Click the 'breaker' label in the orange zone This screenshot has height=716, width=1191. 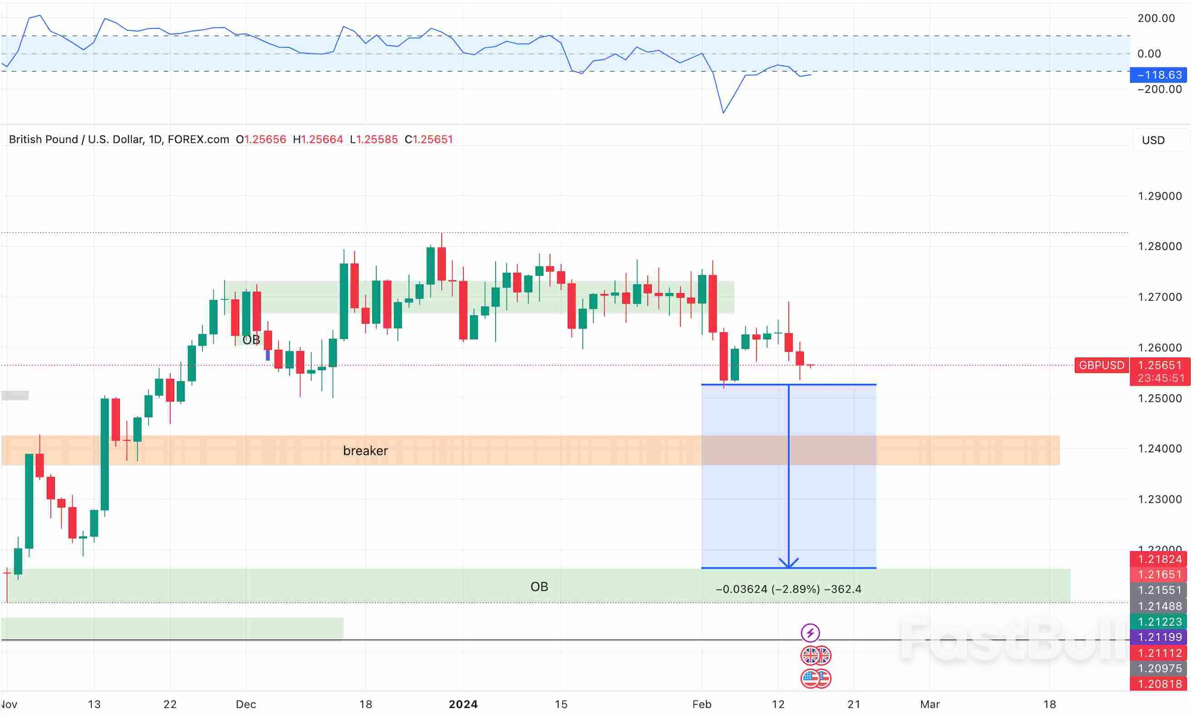365,451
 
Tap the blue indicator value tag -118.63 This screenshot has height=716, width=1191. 1159,75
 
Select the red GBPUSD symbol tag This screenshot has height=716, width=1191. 1101,365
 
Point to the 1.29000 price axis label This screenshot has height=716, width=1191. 1160,196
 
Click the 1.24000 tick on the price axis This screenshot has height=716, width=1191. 1160,449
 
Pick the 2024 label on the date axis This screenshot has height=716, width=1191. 463,704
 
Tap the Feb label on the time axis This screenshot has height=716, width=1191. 702,704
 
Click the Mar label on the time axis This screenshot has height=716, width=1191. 930,704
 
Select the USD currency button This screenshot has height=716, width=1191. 1153,140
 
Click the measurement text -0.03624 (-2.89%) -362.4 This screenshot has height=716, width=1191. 788,589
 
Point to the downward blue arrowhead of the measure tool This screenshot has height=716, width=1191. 788,564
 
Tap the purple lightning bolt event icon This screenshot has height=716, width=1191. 810,633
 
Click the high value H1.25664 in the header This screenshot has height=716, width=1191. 318,139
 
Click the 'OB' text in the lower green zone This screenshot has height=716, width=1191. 539,587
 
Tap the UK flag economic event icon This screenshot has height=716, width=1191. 815,656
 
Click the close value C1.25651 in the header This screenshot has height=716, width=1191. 428,139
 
